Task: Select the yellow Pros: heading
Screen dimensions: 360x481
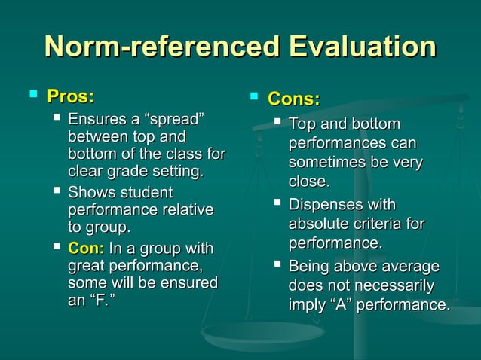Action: click(70, 97)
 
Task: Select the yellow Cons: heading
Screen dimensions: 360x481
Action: click(294, 99)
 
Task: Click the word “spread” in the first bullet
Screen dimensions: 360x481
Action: click(176, 121)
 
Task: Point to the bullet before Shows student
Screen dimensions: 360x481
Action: click(57, 191)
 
